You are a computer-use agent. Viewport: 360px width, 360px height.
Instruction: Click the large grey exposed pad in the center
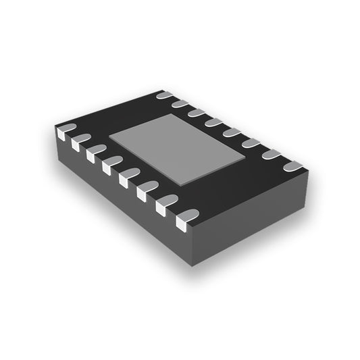(179, 149)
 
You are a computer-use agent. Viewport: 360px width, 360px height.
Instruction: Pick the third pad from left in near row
(96, 150)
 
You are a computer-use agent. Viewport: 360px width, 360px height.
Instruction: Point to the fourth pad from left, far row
(214, 122)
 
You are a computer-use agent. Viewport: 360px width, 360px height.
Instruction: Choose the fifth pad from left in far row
(232, 132)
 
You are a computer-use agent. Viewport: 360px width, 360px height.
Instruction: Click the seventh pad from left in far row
(270, 154)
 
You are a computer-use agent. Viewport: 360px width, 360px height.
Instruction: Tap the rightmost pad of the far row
(292, 165)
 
